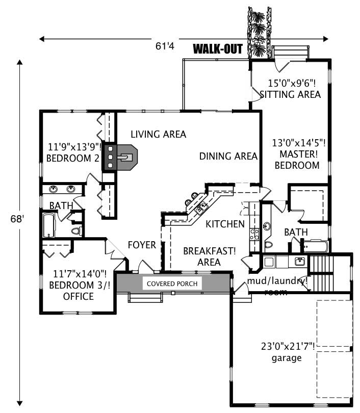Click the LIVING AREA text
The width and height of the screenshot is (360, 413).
tap(158, 135)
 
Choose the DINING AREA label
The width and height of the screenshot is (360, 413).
tap(228, 157)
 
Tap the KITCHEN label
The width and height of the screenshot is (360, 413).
tap(225, 224)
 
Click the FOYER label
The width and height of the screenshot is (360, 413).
tap(141, 245)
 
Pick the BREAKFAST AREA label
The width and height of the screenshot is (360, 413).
tap(209, 256)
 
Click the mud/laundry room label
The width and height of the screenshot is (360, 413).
tap(277, 286)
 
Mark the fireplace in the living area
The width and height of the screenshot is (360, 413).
tap(120, 158)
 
